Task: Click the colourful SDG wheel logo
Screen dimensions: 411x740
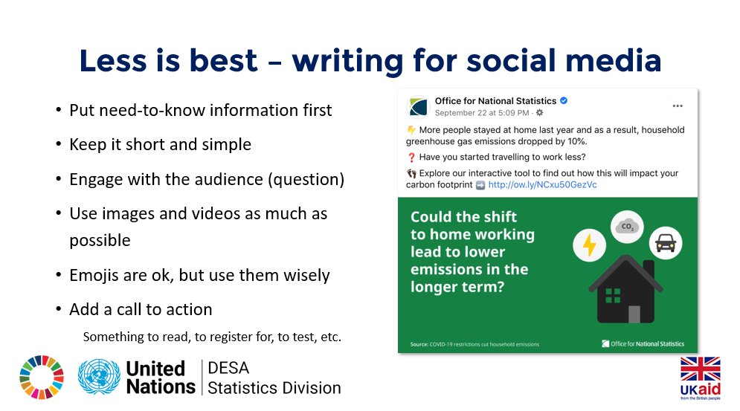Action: pyautogui.click(x=42, y=378)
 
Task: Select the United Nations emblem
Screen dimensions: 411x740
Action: pyautogui.click(x=99, y=378)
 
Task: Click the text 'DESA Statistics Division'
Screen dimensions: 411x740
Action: pyautogui.click(x=274, y=378)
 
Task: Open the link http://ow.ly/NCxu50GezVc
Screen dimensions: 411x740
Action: pyautogui.click(x=542, y=184)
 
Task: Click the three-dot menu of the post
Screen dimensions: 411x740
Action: pyautogui.click(x=677, y=106)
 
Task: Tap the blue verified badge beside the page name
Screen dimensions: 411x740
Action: pyautogui.click(x=564, y=101)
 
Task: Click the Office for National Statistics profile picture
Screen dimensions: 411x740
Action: pyautogui.click(x=418, y=106)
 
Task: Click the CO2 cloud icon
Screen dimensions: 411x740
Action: pyautogui.click(x=627, y=225)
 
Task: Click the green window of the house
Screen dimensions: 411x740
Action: pyautogui.click(x=613, y=295)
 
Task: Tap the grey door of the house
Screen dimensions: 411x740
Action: pyautogui.click(x=634, y=314)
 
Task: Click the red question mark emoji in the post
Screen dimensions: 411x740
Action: pyautogui.click(x=412, y=157)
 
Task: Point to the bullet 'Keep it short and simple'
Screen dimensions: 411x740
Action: pyautogui.click(x=160, y=144)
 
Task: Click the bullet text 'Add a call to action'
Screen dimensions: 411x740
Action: pyautogui.click(x=141, y=309)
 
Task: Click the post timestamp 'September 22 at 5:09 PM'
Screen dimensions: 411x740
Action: pyautogui.click(x=482, y=113)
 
